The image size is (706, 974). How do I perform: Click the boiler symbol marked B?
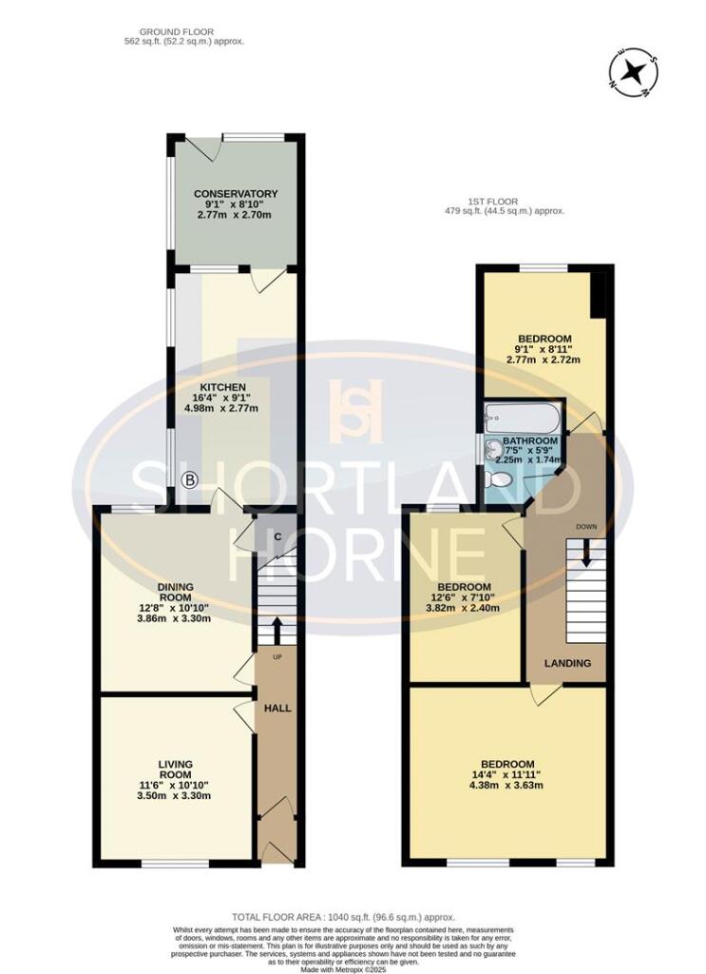(x=189, y=481)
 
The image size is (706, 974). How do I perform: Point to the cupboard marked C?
(x=277, y=536)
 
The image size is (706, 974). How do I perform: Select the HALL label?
(x=277, y=709)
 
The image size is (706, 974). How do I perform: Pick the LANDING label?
(x=567, y=663)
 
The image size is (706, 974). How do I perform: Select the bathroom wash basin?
(x=492, y=450)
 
